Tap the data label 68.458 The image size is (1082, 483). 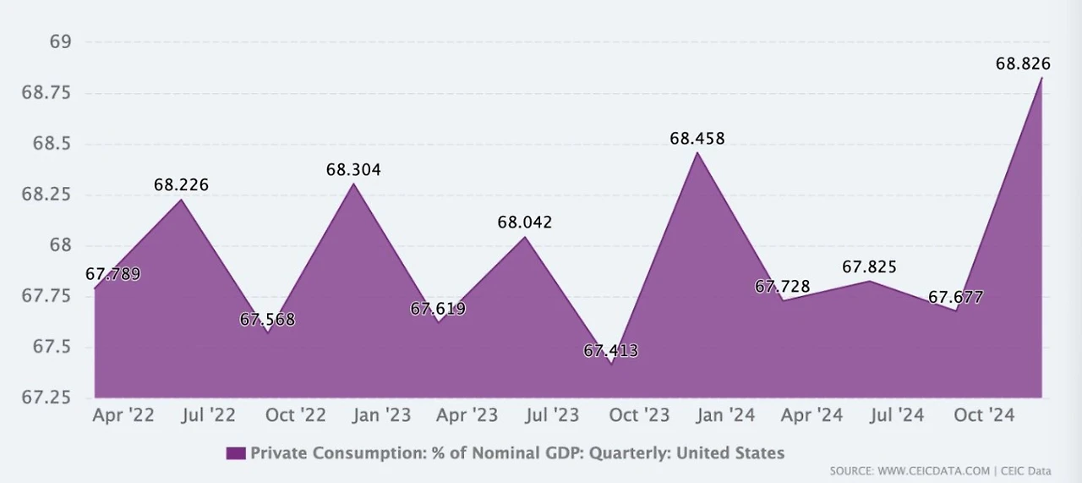[697, 138]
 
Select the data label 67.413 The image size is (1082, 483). [610, 350]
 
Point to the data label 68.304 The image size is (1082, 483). [353, 170]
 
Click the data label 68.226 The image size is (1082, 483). [181, 184]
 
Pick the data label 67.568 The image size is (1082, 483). [267, 320]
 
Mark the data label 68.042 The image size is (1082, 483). [525, 222]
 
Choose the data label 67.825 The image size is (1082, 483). [869, 267]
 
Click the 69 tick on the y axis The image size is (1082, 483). [62, 42]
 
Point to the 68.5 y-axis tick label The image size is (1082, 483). [54, 144]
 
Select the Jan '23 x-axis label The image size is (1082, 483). [382, 415]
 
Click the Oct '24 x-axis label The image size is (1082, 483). [983, 415]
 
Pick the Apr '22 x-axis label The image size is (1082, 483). [123, 415]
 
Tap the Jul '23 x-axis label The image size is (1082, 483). [554, 415]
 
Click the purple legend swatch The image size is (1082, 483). [236, 453]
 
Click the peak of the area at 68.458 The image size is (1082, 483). [697, 152]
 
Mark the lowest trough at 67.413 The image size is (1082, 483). [610, 364]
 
